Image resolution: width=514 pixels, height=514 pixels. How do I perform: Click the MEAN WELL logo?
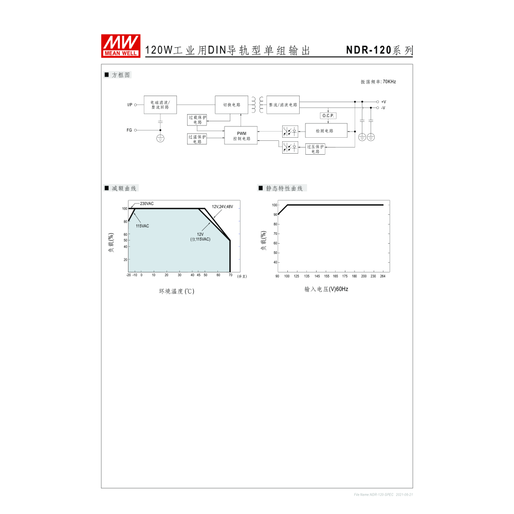[121, 45]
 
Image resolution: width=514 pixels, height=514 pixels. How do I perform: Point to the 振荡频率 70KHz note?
[378, 82]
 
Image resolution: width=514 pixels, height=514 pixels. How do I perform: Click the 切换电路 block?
[231, 104]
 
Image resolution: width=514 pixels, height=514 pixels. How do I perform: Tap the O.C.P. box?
[328, 116]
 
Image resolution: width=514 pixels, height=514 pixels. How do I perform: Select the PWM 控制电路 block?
[241, 136]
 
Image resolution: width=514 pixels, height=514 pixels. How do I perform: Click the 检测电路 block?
[326, 131]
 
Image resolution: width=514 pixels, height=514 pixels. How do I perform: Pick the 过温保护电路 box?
[197, 139]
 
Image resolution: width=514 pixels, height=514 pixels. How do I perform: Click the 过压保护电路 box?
[315, 149]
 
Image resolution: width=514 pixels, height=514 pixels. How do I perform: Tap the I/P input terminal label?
[130, 105]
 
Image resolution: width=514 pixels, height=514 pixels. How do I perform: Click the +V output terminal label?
[383, 102]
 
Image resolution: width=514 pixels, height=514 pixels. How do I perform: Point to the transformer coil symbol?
[258, 104]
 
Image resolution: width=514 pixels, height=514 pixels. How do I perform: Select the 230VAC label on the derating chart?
[146, 204]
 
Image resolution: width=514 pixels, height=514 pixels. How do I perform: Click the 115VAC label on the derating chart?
[142, 226]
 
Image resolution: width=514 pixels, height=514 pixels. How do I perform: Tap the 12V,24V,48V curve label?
[222, 207]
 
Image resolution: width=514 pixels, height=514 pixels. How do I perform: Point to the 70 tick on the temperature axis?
[230, 276]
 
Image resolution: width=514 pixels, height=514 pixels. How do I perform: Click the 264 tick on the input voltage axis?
[382, 277]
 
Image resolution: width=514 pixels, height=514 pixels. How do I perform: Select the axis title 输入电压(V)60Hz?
[326, 289]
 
